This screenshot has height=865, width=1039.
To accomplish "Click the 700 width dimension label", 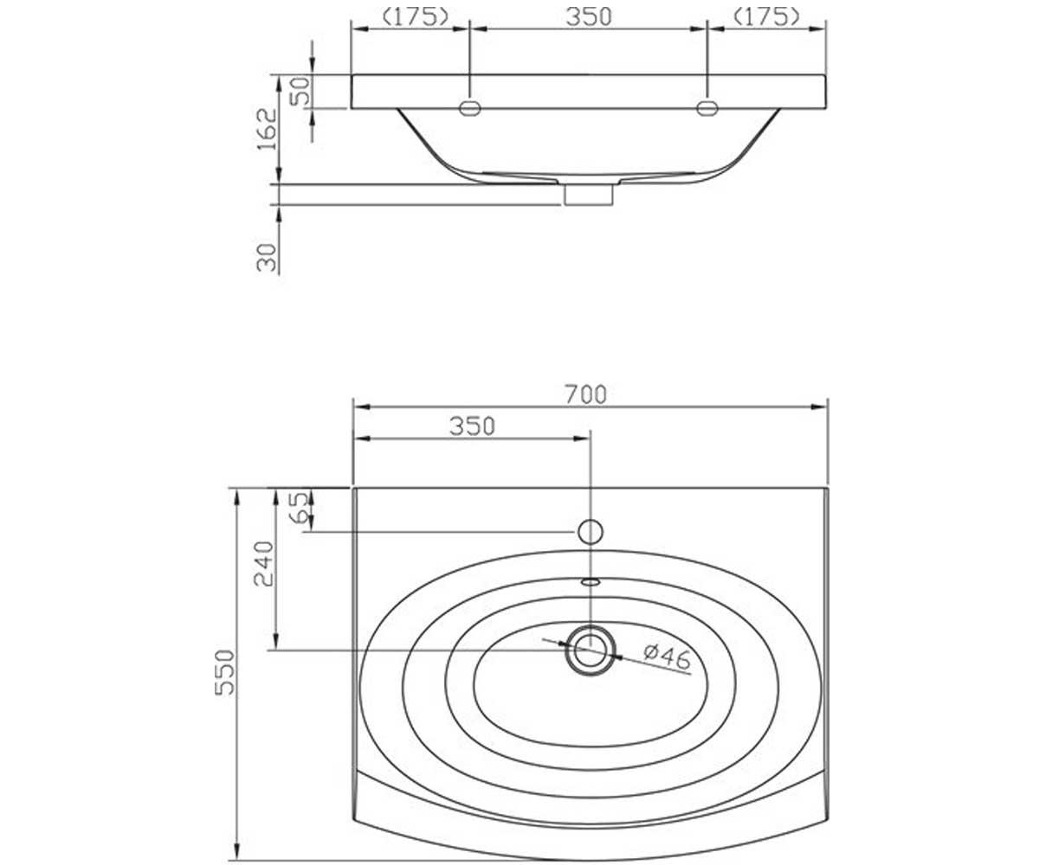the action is pyautogui.click(x=585, y=395).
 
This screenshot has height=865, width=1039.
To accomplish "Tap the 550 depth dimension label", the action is pyautogui.click(x=224, y=673).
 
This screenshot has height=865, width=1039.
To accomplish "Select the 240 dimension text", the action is pyautogui.click(x=264, y=564).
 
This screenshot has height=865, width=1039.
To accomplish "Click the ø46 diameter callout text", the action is pyautogui.click(x=668, y=657).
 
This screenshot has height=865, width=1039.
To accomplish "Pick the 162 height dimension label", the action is pyautogui.click(x=267, y=129).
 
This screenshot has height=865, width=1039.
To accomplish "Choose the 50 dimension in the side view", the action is pyautogui.click(x=300, y=91).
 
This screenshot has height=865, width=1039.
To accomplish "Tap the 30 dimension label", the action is pyautogui.click(x=267, y=257).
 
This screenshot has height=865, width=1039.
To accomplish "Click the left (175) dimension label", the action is pyautogui.click(x=416, y=17).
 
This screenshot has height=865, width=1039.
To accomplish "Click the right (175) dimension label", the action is pyautogui.click(x=767, y=17).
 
